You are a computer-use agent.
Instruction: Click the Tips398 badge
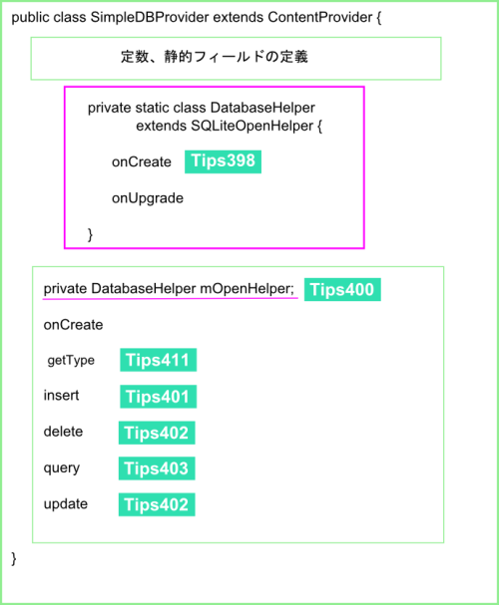223,161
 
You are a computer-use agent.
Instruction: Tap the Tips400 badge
342,289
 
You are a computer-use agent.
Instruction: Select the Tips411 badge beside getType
159,360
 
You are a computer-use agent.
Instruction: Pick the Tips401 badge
159,397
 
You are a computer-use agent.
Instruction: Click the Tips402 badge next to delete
157,433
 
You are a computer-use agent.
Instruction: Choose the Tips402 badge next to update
157,504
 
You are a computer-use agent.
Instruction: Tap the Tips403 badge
157,468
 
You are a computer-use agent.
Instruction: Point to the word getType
71,361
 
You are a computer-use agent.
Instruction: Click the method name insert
61,396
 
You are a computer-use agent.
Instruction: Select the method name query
62,468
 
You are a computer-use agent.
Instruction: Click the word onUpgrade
148,198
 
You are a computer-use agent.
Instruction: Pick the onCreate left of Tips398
142,162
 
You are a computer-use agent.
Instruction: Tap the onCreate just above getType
73,325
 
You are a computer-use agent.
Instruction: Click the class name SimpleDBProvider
150,18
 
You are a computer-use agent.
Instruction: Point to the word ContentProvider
319,17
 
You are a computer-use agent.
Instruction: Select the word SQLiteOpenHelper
251,127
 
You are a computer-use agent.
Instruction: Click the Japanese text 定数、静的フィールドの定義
215,57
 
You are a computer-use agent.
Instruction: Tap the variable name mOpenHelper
247,289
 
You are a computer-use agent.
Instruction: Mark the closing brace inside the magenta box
90,234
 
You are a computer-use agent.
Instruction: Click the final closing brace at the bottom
14,559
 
